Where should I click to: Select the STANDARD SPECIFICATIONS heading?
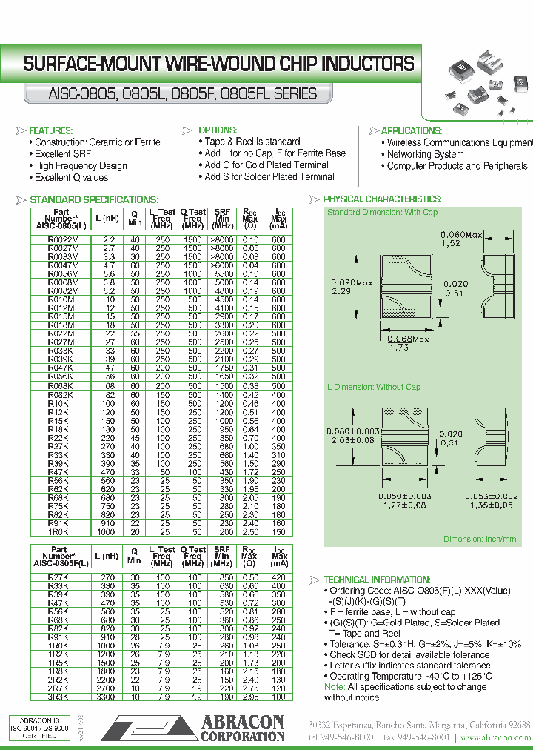click(x=93, y=199)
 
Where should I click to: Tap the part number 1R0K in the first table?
click(x=59, y=532)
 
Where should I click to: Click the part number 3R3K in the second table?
click(x=59, y=697)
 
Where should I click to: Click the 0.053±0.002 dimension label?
click(x=491, y=497)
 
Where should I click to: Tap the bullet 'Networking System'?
click(x=425, y=154)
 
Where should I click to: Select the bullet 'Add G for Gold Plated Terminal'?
click(x=266, y=165)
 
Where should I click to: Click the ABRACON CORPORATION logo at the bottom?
click(x=192, y=727)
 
